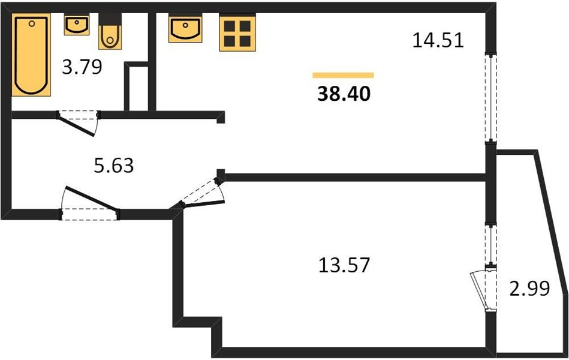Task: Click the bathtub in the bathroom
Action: pyautogui.click(x=31, y=55)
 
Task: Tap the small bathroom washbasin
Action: pyautogui.click(x=77, y=25)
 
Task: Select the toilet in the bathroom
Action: pyautogui.click(x=110, y=32)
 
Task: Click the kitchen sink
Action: pyautogui.click(x=185, y=29)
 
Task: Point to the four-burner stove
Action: pyautogui.click(x=237, y=32)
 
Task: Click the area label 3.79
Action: pyautogui.click(x=82, y=67)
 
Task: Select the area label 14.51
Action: pyautogui.click(x=438, y=40)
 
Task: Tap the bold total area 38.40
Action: pyautogui.click(x=344, y=94)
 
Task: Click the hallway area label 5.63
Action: pyautogui.click(x=114, y=166)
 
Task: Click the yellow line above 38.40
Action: pyautogui.click(x=344, y=75)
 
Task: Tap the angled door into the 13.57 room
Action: pyautogui.click(x=202, y=193)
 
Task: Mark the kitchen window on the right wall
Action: pyautogui.click(x=490, y=97)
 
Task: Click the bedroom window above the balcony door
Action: pyautogui.click(x=490, y=244)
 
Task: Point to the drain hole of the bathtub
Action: pyautogui.click(x=32, y=23)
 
